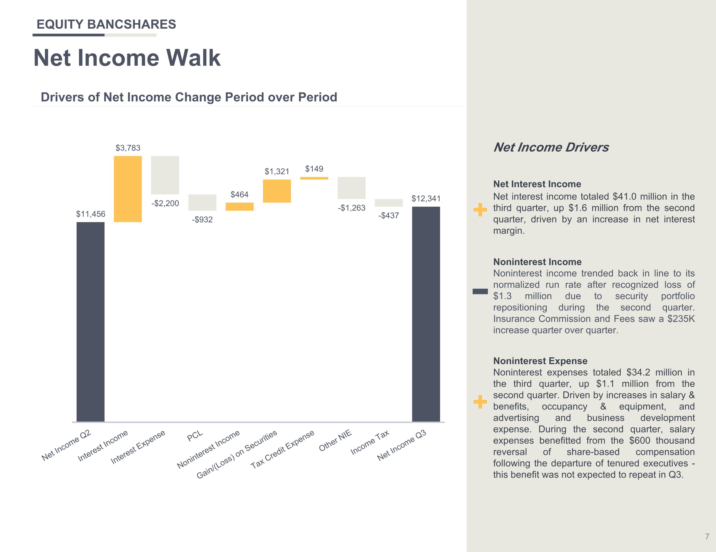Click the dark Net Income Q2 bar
pos(90,322)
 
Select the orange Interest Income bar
pos(128,189)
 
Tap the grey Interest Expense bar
pos(165,175)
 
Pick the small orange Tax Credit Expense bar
pos(314,178)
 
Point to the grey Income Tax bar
pos(389,203)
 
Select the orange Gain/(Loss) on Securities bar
pos(277,191)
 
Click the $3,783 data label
pos(128,148)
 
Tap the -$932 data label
pos(202,220)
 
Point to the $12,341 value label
pos(426,199)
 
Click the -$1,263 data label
pos(352,208)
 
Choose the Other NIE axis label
pos(335,440)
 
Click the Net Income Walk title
pos(127,58)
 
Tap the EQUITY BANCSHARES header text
pos(106,24)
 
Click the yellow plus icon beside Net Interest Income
pos(480,210)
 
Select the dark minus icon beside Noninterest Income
pos(480,291)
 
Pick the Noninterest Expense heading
pos(540,361)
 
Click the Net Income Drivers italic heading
pos(551,147)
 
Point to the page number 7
pos(707,536)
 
